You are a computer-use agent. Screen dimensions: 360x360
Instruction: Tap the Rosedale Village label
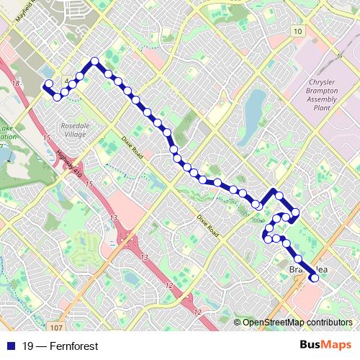point(73,129)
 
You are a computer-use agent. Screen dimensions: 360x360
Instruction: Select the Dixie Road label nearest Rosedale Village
point(132,147)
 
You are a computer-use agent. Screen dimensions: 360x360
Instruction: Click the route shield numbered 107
point(38,326)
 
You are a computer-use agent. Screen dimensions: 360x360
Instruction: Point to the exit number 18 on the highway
point(16,85)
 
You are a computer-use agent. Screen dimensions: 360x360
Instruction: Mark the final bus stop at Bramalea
point(313,277)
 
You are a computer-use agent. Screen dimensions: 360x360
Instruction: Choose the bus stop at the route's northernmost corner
point(94,60)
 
